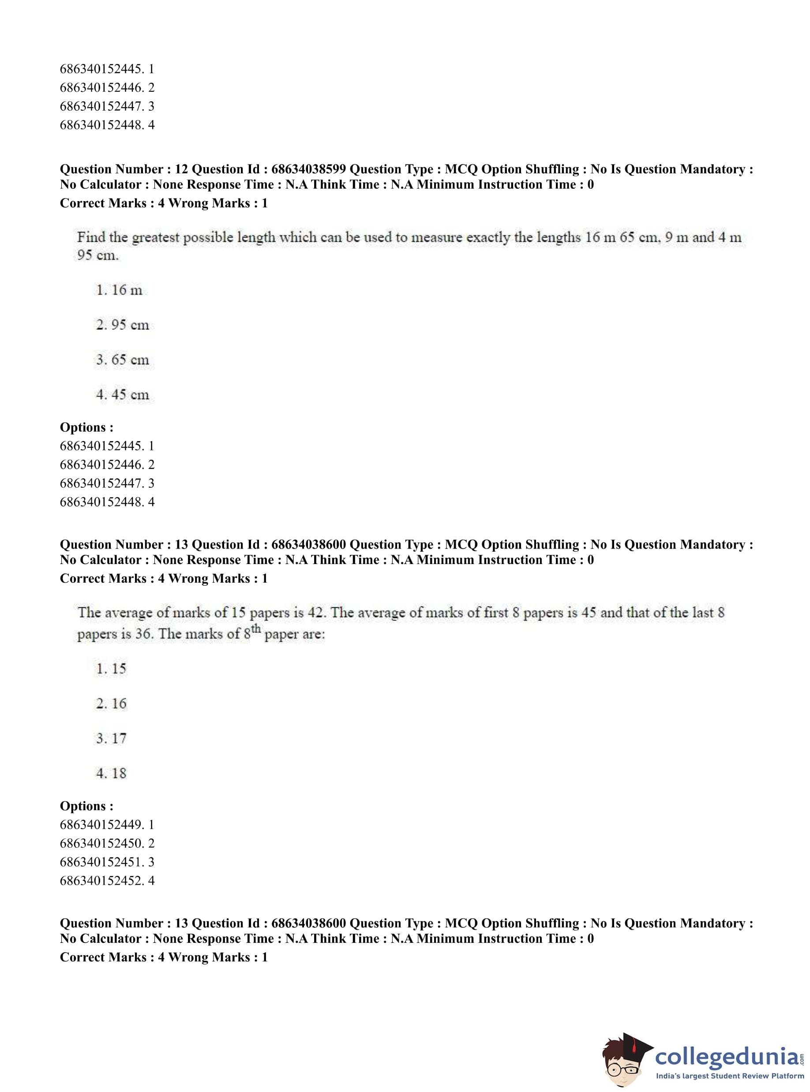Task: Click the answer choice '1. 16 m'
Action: click(119, 290)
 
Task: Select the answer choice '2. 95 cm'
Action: click(123, 325)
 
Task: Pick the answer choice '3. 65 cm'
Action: click(123, 360)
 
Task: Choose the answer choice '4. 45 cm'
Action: click(123, 395)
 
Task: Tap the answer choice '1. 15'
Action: click(111, 669)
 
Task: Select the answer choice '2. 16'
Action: click(111, 703)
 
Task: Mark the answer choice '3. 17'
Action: click(111, 738)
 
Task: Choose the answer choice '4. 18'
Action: click(111, 773)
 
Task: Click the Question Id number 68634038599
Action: click(308, 169)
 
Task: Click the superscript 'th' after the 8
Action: click(255, 628)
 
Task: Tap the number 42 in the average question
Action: click(316, 613)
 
